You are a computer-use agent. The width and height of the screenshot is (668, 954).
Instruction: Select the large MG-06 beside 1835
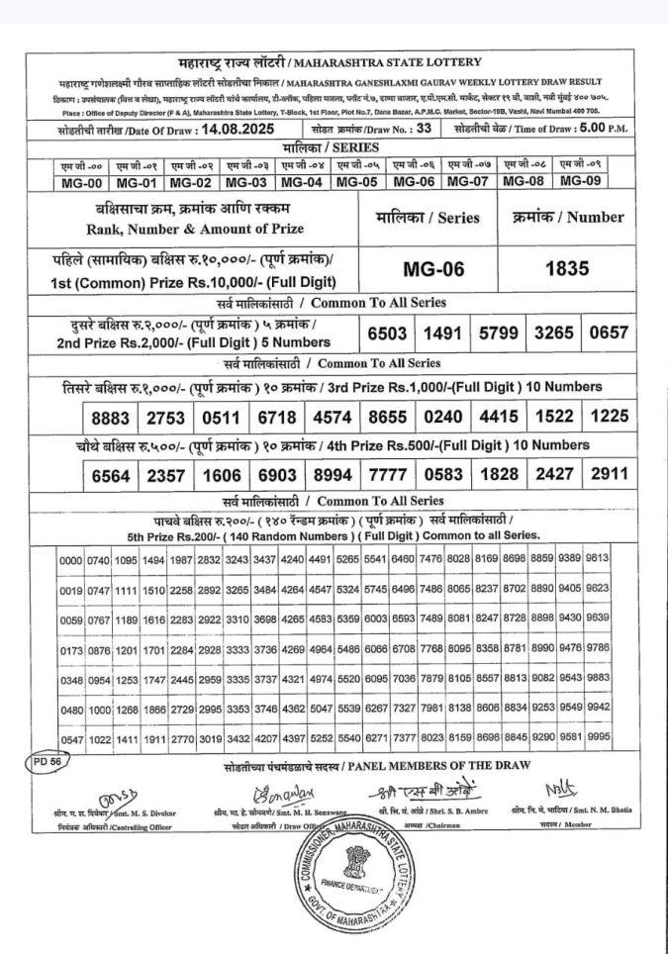[x=433, y=269]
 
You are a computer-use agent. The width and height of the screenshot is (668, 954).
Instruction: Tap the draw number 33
[x=424, y=129]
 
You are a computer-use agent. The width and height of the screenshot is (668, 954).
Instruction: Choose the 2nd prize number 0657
[x=609, y=334]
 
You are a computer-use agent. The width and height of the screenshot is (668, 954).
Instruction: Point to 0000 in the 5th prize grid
[x=70, y=560]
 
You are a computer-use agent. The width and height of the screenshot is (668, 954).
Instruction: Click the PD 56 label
[x=42, y=764]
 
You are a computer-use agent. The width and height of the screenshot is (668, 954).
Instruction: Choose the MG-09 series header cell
[x=581, y=181]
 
